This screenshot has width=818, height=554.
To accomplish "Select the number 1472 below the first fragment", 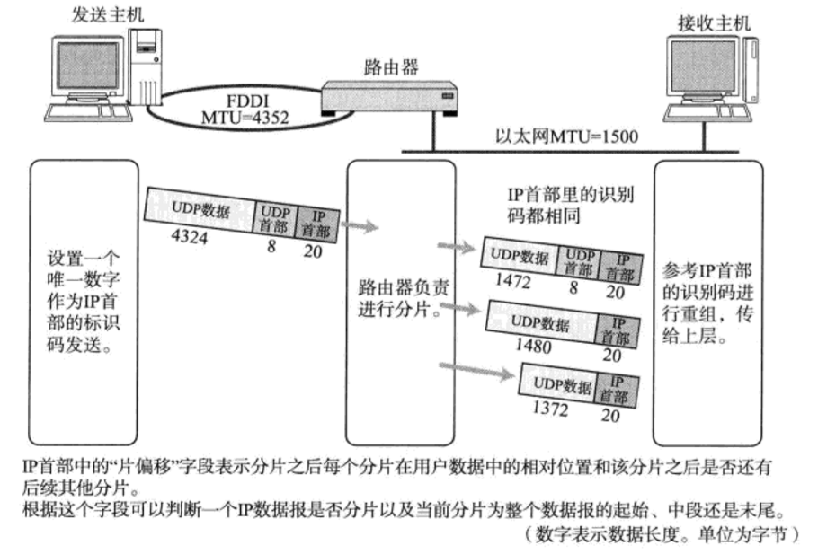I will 514,282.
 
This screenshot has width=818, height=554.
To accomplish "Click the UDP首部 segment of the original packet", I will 276,220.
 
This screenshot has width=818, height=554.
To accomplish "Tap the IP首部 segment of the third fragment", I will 611,392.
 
